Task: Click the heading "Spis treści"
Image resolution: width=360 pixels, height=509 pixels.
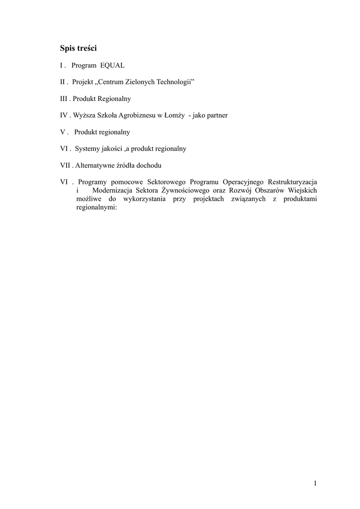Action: click(x=78, y=49)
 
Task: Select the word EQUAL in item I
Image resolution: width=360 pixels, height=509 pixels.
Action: click(x=112, y=66)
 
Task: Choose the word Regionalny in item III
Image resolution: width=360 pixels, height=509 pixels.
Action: click(x=114, y=99)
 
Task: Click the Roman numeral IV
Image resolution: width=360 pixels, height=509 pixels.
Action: click(x=64, y=115)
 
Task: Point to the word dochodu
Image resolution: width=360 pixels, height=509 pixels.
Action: click(x=151, y=165)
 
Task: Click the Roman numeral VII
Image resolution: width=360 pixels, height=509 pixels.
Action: click(x=66, y=165)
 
